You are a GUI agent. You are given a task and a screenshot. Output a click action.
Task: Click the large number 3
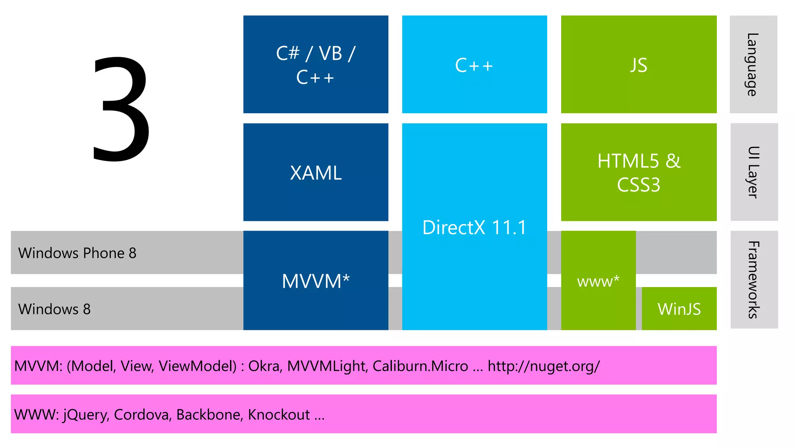point(121,109)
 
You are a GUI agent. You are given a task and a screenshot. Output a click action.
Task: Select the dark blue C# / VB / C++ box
point(316,65)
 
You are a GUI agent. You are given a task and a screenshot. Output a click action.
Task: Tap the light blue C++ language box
point(474,65)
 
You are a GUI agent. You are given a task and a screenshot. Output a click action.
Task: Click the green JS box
point(638,65)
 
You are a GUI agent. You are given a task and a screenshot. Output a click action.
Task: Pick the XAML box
point(316,173)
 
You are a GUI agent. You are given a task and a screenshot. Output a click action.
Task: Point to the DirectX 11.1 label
point(474,227)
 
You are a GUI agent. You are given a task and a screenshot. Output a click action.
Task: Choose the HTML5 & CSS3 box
point(638,173)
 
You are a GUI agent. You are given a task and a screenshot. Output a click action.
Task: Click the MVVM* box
point(316,281)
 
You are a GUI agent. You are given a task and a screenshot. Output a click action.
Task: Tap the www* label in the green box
point(598,281)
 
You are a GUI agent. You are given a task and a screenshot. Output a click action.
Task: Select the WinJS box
point(679,309)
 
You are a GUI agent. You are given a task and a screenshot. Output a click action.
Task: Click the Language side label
point(753,65)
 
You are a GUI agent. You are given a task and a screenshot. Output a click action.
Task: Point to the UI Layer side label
point(754,172)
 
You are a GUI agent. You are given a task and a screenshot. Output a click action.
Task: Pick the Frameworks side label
point(754,280)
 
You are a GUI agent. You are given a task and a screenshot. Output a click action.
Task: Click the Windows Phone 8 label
point(77,253)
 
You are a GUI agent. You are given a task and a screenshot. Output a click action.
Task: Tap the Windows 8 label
point(54,309)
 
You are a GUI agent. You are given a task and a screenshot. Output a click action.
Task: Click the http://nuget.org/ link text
point(543,366)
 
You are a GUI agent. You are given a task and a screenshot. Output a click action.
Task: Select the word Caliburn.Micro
point(420,366)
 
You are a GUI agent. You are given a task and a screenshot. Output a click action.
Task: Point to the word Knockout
point(279,415)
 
